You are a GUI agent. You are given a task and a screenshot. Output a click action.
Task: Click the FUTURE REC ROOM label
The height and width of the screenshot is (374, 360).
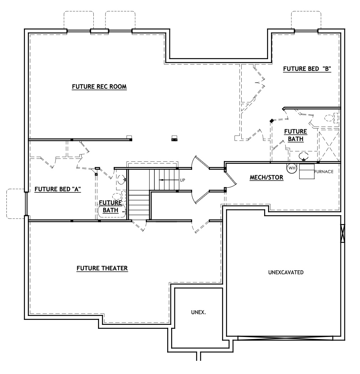tap(99, 87)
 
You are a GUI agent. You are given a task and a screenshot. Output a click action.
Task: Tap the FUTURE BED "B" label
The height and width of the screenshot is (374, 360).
tap(307, 69)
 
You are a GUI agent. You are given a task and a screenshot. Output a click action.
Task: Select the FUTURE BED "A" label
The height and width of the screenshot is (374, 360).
tap(58, 189)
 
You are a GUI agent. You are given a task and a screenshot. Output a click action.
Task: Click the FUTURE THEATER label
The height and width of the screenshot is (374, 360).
tap(102, 268)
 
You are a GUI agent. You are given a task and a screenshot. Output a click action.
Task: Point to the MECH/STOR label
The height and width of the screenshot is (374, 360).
tap(267, 177)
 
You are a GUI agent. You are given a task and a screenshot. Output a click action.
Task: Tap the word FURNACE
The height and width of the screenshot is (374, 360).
tap(324, 172)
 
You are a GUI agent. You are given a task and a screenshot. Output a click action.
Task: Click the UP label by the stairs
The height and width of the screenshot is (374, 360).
tap(182, 180)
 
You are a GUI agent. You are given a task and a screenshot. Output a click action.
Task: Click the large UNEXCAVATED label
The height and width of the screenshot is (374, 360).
tap(286, 272)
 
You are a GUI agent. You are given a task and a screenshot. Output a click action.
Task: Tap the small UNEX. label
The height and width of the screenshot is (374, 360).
tap(199, 312)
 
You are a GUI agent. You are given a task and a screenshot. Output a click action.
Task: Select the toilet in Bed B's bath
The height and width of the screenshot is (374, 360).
tap(331, 118)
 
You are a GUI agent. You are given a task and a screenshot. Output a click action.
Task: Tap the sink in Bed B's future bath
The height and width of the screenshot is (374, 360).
tap(304, 156)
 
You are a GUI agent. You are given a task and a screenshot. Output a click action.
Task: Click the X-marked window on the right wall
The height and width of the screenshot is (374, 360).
tap(343, 234)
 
